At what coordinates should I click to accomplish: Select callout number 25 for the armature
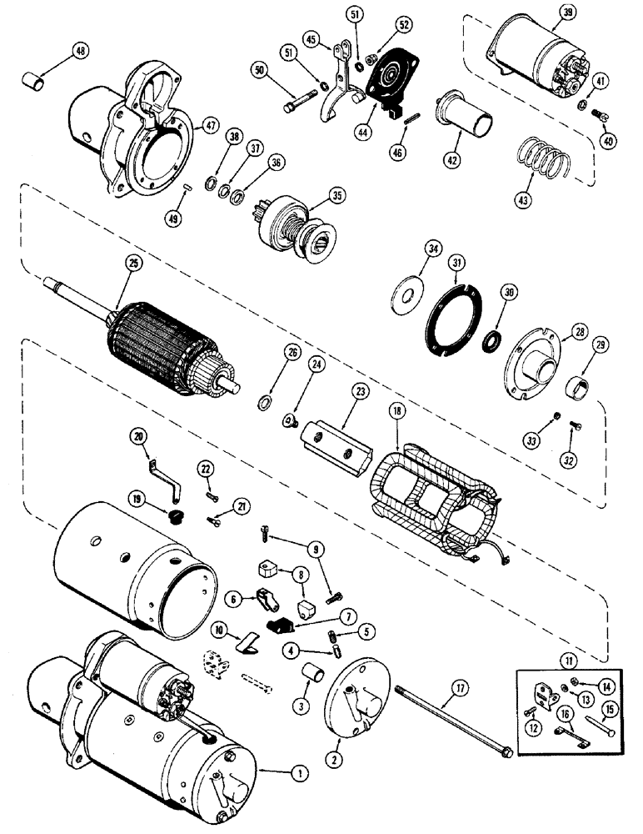[136, 263]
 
